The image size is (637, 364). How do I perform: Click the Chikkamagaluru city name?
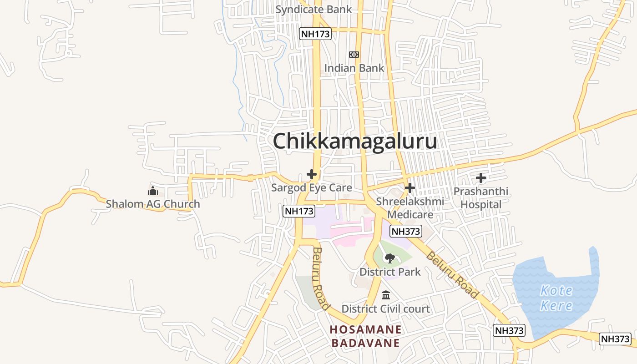tap(355, 141)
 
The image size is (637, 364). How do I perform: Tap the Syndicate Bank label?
tap(313, 9)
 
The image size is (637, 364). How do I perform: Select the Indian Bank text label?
tap(354, 68)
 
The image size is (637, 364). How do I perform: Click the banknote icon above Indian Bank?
tap(354, 55)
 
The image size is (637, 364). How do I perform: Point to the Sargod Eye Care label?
tap(312, 187)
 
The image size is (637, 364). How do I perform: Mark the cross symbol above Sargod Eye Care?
tap(312, 174)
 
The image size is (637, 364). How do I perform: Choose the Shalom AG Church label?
tap(153, 204)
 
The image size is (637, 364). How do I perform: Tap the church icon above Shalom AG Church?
tap(153, 191)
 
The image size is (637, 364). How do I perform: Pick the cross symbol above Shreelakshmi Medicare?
tap(410, 187)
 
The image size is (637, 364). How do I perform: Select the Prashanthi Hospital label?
tap(481, 198)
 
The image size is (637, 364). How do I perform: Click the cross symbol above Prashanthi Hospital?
tap(481, 178)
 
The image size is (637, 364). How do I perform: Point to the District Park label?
tap(390, 272)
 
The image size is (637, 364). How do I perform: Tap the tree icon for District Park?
tap(389, 258)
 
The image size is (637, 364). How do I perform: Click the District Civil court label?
tap(385, 309)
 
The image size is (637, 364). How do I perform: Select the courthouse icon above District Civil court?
tap(386, 295)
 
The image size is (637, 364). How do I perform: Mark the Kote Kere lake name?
tap(556, 298)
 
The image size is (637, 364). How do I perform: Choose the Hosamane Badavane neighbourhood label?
tap(366, 336)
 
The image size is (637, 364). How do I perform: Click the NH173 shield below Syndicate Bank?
tap(315, 34)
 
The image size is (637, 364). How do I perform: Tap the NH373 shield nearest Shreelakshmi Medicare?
tap(406, 231)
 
